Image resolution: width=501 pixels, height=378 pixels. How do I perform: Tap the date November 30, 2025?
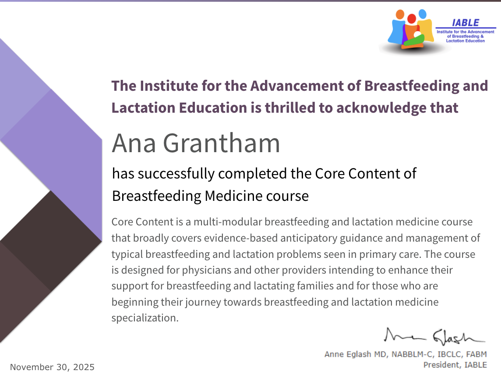point(52,367)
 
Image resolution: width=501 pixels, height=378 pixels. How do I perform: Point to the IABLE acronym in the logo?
point(466,23)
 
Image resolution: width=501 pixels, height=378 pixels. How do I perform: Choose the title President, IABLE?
point(455,364)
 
